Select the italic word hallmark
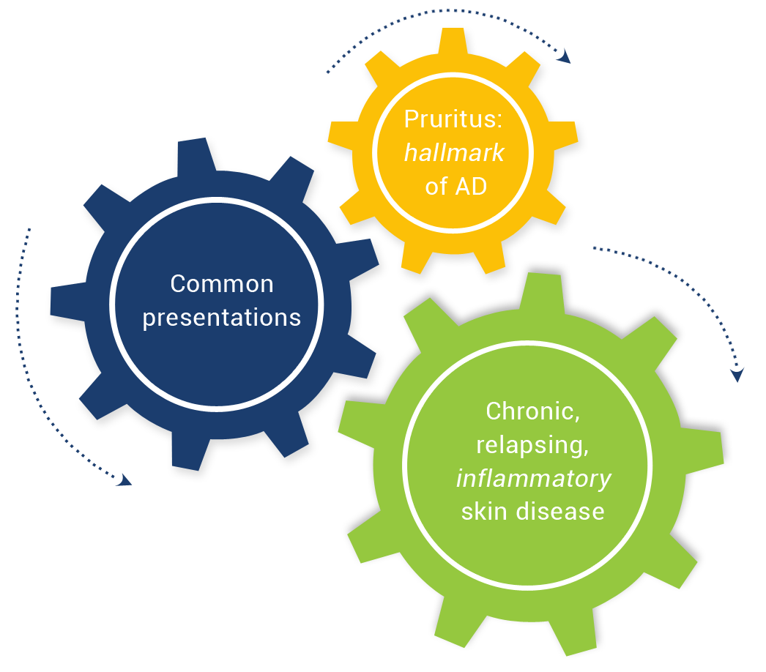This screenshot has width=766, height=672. click(x=454, y=153)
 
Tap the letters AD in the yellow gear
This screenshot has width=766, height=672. click(x=471, y=187)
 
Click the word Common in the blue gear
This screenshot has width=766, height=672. click(x=222, y=284)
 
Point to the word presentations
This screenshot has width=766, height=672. click(x=221, y=318)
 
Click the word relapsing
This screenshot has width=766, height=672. click(x=532, y=445)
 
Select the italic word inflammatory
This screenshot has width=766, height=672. click(x=533, y=479)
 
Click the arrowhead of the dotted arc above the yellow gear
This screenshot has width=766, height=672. click(x=565, y=56)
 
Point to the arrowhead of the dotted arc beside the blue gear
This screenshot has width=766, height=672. click(x=124, y=480)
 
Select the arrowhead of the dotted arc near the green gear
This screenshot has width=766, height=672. click(x=737, y=375)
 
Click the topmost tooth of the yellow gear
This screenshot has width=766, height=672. click(x=453, y=41)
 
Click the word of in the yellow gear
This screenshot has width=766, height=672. click(x=436, y=187)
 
